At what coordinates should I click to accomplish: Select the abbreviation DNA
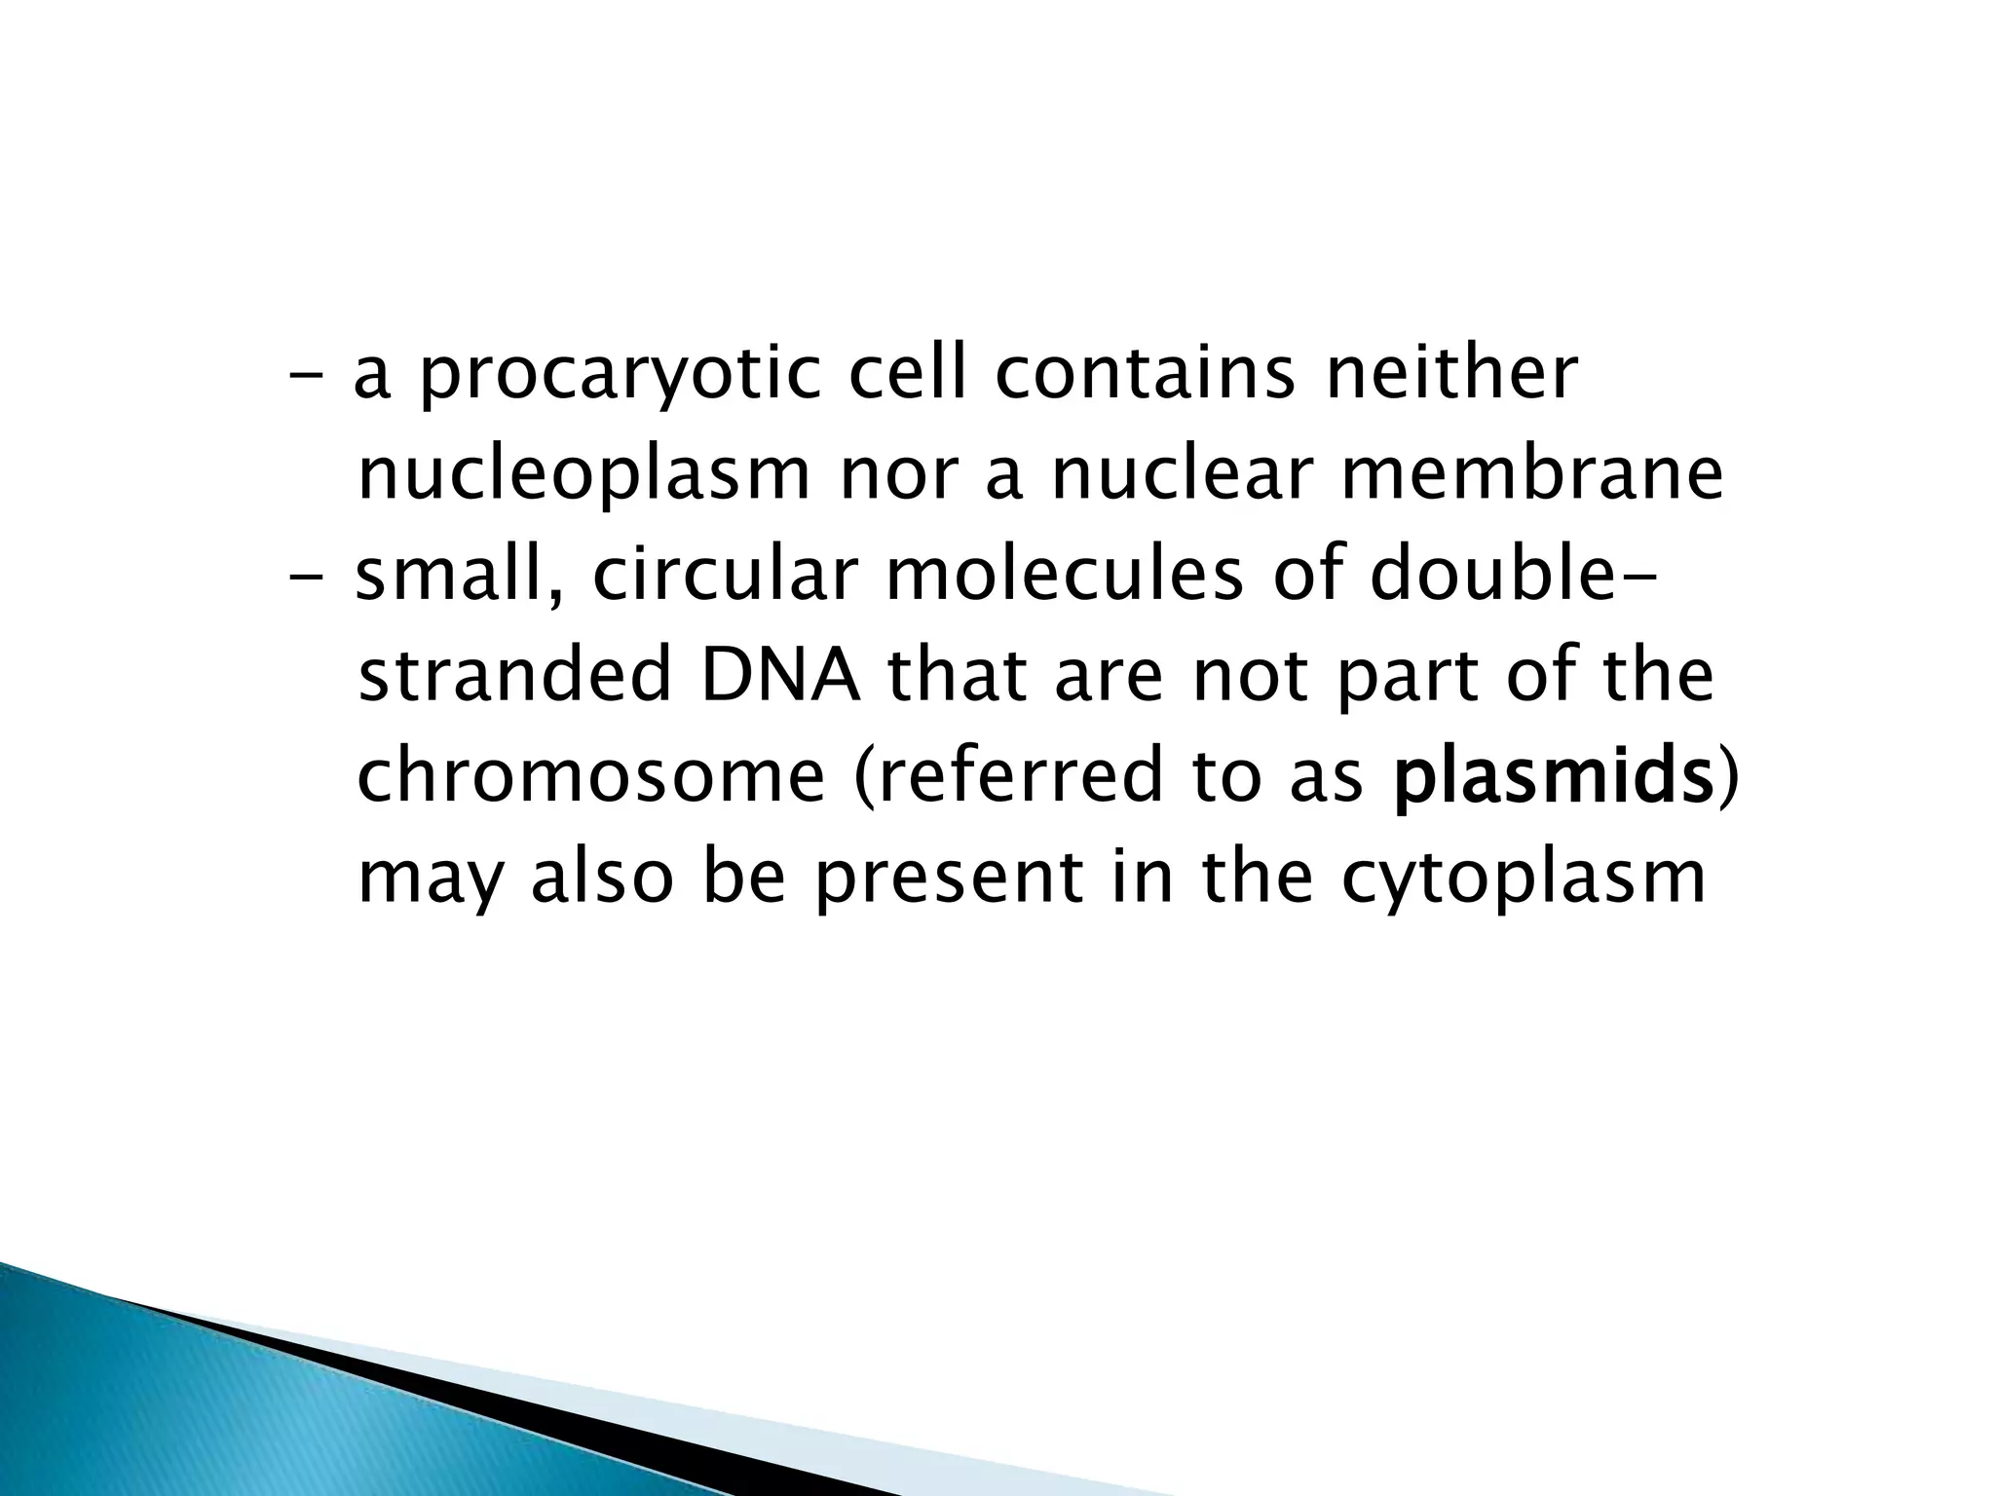pos(781,677)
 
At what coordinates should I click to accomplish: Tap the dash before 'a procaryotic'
pos(308,376)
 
